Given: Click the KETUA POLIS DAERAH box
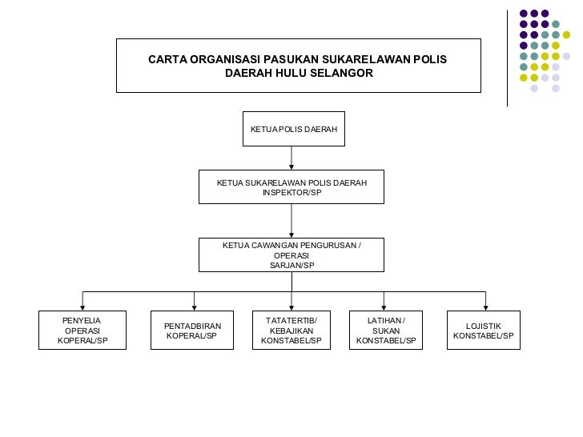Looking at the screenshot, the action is [294, 129].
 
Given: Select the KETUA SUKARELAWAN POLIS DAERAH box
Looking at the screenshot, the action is [291, 187].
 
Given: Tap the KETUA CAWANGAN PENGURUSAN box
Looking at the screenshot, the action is [291, 255].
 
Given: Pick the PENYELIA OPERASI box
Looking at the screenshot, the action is [82, 331].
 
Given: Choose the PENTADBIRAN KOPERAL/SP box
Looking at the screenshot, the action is [192, 331].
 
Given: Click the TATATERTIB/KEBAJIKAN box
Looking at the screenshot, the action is [291, 331].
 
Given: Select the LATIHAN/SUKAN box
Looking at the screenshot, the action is [386, 331].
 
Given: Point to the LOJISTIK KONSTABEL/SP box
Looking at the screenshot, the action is [483, 331].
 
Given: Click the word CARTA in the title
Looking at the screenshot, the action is [168, 60].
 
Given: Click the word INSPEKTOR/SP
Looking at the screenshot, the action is [291, 193].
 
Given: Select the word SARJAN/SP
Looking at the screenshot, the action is [291, 265].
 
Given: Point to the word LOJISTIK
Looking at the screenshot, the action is [483, 326].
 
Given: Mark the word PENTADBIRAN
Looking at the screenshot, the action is [192, 326].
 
